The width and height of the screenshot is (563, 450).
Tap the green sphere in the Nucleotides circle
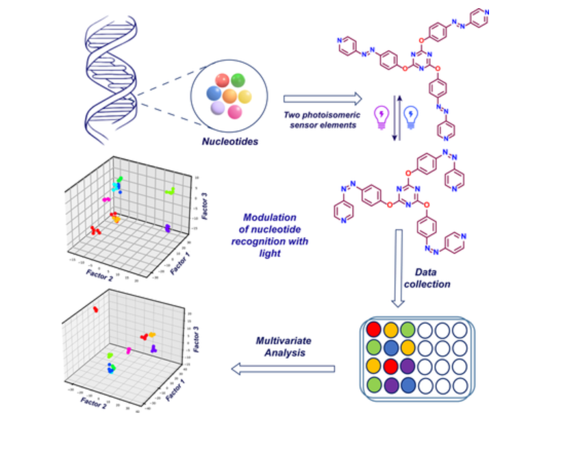(x=238, y=81)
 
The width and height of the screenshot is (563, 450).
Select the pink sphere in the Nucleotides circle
(x=235, y=111)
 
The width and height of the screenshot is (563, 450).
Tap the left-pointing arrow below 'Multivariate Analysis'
(x=283, y=369)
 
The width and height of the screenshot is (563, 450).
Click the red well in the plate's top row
(x=373, y=329)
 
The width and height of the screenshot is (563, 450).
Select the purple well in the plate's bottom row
(x=390, y=385)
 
